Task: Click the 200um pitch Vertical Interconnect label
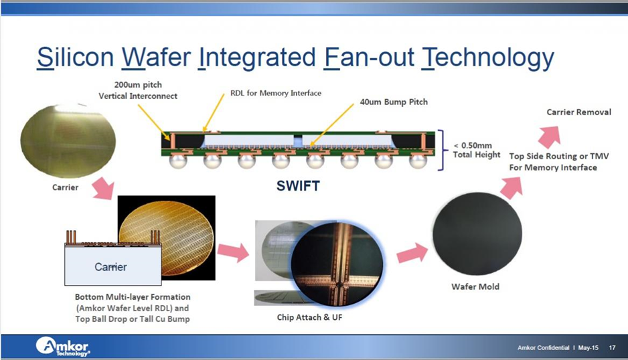[138, 91]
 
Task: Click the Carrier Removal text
[578, 112]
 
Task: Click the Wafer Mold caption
[476, 287]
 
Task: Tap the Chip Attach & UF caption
[309, 317]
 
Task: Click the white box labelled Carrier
[110, 267]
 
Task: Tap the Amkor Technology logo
[62, 347]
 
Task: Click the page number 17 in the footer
[612, 348]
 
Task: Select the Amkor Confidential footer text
[543, 348]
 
